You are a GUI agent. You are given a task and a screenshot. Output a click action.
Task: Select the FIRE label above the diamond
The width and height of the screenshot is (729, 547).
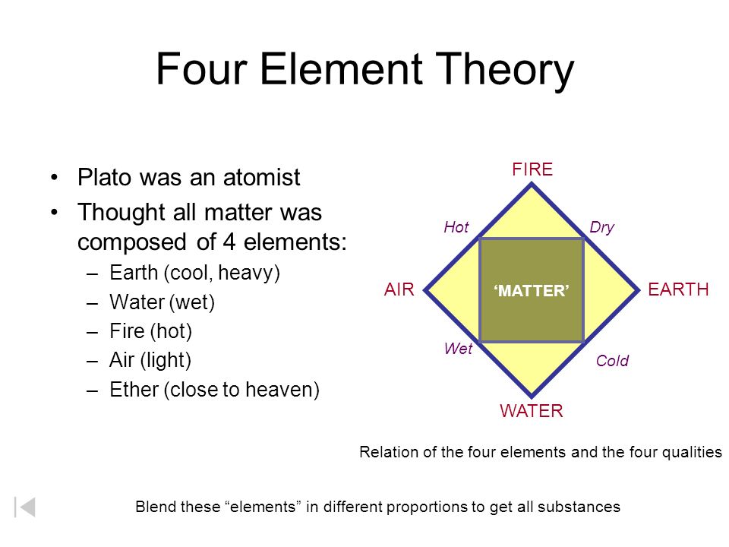pyautogui.click(x=532, y=169)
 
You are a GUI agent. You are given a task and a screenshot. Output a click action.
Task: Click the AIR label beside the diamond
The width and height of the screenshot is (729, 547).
pyautogui.click(x=399, y=289)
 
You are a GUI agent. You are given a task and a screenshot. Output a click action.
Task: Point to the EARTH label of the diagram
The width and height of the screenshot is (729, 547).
pyautogui.click(x=678, y=289)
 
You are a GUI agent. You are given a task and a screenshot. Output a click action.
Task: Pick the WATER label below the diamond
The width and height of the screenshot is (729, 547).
pyautogui.click(x=532, y=411)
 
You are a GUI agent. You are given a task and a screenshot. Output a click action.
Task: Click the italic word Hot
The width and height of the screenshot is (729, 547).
pyautogui.click(x=456, y=227)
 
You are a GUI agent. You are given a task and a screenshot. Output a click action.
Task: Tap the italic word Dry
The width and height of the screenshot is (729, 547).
pyautogui.click(x=601, y=228)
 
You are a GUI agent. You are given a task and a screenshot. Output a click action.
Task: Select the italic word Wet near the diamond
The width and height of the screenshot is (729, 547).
pyautogui.click(x=458, y=349)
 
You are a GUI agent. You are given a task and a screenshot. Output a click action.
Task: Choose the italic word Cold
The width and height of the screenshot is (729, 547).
pyautogui.click(x=612, y=360)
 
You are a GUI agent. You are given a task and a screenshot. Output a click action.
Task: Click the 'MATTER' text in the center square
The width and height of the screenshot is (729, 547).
pyautogui.click(x=532, y=291)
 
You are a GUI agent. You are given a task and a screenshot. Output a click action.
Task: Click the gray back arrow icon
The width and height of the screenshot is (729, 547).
pyautogui.click(x=25, y=507)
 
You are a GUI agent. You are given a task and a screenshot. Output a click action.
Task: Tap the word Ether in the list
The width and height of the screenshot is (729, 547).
pyautogui.click(x=134, y=390)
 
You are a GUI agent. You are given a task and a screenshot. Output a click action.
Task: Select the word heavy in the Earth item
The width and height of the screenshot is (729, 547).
pyautogui.click(x=249, y=273)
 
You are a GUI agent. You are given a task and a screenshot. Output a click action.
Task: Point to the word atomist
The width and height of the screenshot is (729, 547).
pyautogui.click(x=262, y=177)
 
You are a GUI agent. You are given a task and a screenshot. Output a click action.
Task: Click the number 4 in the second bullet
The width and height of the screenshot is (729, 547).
pyautogui.click(x=229, y=242)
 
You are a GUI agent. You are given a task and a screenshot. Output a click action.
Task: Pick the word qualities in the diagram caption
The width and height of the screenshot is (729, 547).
pyautogui.click(x=692, y=453)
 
